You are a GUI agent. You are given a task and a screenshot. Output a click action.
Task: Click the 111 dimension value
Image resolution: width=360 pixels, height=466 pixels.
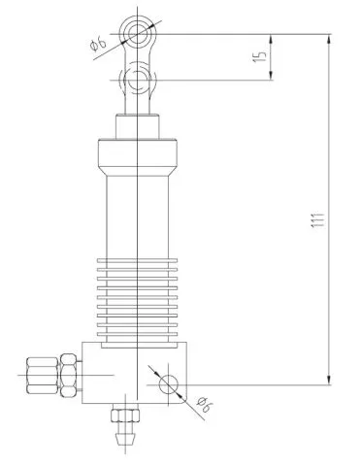(x=317, y=220)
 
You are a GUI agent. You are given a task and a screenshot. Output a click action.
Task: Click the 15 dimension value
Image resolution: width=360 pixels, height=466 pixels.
(x=260, y=56)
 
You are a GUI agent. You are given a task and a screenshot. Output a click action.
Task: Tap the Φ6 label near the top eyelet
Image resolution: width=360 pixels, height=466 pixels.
(x=98, y=44)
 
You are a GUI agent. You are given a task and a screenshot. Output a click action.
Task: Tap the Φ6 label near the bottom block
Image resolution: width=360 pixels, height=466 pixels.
(x=204, y=405)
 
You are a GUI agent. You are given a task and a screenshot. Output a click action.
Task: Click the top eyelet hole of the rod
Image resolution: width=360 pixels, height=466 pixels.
(x=138, y=34)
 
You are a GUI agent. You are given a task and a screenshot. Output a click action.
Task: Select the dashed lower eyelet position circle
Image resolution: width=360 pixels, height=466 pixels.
(x=138, y=80)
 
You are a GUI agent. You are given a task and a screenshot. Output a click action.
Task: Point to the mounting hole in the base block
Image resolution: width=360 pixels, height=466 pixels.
(x=169, y=384)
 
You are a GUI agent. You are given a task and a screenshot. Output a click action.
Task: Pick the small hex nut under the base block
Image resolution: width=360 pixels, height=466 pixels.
(x=125, y=416)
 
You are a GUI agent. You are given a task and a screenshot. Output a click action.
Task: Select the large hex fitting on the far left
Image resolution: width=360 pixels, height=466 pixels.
(x=43, y=376)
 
